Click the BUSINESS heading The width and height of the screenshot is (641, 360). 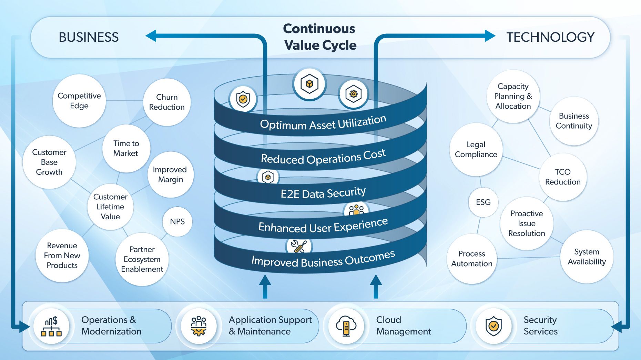(89, 37)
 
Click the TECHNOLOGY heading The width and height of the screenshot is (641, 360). (550, 37)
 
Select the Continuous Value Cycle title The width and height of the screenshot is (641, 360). (320, 37)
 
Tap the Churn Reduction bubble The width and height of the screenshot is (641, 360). (167, 102)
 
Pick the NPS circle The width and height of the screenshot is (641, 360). (177, 222)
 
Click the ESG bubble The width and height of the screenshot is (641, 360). (483, 202)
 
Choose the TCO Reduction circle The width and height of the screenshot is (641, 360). (563, 177)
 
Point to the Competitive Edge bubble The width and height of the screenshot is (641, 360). (79, 101)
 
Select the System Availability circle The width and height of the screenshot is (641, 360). (587, 257)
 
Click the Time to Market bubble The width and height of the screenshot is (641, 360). (126, 148)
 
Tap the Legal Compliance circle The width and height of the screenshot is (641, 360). (476, 150)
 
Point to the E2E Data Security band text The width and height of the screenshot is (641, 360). (323, 193)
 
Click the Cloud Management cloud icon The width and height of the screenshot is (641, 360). (346, 326)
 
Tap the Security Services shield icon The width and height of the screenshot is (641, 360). (494, 326)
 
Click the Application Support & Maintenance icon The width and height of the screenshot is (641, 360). (199, 326)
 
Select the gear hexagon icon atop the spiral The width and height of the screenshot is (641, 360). (353, 94)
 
